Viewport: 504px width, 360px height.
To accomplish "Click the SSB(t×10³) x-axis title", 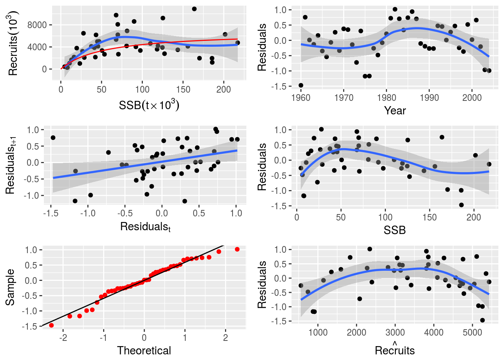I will [149, 105].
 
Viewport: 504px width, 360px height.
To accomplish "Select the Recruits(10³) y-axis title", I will [13, 43].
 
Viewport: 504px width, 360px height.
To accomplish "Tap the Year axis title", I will [395, 111].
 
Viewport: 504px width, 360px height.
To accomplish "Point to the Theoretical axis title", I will [144, 351].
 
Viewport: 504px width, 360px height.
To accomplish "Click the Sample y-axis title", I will [10, 287].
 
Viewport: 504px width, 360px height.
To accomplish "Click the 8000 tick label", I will [37, 25].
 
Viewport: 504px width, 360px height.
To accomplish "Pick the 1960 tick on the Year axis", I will [301, 98].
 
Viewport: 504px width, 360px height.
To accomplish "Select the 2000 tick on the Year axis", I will [472, 98].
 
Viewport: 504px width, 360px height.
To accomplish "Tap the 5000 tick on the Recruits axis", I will [472, 333].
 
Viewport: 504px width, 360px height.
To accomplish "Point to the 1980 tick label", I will [386, 98].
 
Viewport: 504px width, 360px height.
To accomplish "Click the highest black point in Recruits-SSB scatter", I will [194, 9].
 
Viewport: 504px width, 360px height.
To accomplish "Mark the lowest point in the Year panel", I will [301, 85].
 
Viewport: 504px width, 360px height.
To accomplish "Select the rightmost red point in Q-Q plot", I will [237, 249].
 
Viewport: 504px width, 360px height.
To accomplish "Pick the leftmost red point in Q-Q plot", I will [51, 325].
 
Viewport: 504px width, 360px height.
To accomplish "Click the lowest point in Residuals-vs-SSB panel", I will [461, 205].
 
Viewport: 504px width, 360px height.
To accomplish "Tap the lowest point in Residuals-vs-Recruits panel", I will [482, 320].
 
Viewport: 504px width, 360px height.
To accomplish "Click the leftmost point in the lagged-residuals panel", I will [53, 138].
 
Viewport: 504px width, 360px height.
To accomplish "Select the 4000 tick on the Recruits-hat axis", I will [433, 333].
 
